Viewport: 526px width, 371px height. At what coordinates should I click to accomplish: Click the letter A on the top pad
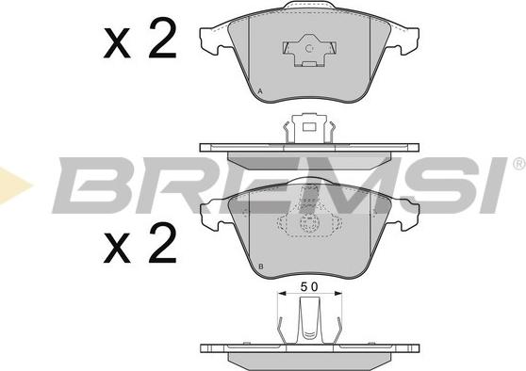261,91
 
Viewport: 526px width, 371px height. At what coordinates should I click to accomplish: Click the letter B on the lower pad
261,266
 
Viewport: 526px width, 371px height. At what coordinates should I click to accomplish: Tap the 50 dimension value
309,287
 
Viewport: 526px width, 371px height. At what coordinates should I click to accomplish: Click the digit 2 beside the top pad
163,39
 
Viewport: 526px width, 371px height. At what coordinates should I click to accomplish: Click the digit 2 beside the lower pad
163,243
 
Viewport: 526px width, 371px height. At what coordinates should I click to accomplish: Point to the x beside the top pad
117,43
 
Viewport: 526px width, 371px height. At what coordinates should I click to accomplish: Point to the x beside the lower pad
117,248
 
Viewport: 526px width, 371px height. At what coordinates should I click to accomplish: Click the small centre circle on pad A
309,49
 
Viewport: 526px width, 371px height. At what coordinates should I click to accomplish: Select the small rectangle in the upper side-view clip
309,127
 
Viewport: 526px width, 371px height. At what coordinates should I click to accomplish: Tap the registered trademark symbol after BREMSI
519,164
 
